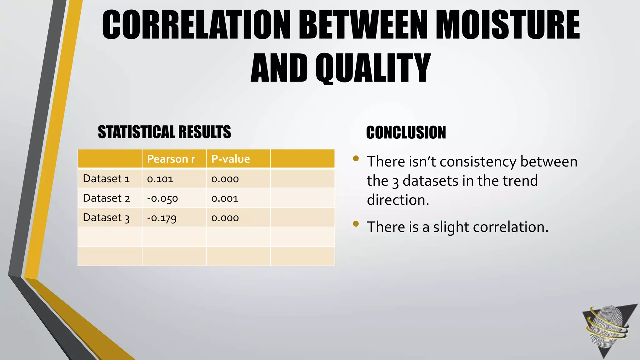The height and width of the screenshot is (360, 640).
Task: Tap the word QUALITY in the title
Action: coord(373,68)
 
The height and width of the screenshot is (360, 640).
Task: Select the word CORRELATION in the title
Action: coord(196,25)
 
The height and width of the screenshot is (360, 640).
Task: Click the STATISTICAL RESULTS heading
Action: coord(164,132)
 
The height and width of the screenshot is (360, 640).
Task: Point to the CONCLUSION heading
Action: coord(406,132)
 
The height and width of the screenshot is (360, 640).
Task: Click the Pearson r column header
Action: coord(171,159)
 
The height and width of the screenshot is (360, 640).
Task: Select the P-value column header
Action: coord(231,159)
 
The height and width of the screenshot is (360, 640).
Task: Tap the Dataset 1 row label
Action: coord(106,179)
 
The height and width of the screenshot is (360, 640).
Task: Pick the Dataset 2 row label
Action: coord(106,198)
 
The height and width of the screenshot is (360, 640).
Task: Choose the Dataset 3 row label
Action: coord(106,217)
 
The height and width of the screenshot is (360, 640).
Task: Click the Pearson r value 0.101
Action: coord(160,179)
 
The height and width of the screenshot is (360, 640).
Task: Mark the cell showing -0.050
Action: coord(162,198)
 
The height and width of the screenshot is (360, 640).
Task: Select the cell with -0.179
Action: coord(162,218)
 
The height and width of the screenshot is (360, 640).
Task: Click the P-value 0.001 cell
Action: coord(225,198)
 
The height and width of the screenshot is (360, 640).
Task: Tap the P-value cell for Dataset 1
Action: coord(225,179)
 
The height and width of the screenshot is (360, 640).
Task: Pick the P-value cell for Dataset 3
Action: coord(225,218)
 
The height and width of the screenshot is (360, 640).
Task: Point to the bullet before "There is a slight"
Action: coord(356,223)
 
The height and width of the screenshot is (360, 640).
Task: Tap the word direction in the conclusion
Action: coord(398,200)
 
